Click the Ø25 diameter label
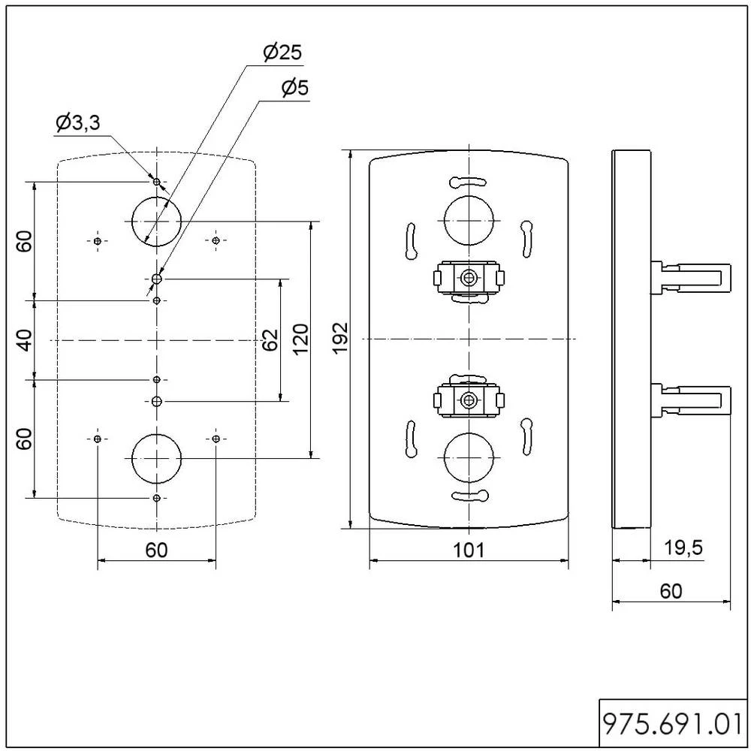point(282,53)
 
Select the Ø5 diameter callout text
point(294,89)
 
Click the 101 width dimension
point(469,550)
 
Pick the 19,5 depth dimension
point(683,548)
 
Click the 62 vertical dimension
point(270,339)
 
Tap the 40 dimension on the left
point(25,340)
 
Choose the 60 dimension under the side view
point(671,591)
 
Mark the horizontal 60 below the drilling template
point(156,550)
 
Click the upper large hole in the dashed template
point(156,221)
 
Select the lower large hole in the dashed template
point(156,457)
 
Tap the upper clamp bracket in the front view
point(469,278)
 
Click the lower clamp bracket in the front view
point(469,400)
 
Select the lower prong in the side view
point(691,399)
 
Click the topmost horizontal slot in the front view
point(469,182)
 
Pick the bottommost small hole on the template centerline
point(156,498)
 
